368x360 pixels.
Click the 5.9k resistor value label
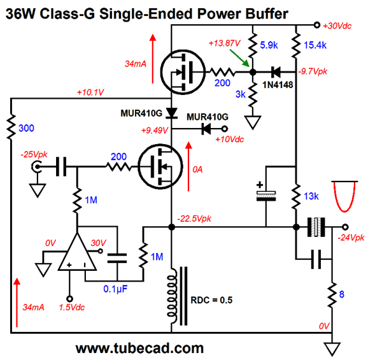click(x=269, y=45)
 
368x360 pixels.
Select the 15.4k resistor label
click(x=315, y=45)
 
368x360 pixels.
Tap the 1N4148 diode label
click(x=278, y=85)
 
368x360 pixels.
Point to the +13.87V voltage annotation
click(x=225, y=43)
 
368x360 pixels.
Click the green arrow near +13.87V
click(x=239, y=58)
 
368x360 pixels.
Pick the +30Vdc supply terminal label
click(x=337, y=25)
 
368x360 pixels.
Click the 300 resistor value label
click(x=26, y=128)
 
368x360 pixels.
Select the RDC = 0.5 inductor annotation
click(x=211, y=300)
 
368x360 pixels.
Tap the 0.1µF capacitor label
click(x=115, y=289)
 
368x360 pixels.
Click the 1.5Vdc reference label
click(x=72, y=307)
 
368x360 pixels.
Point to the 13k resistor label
click(x=311, y=196)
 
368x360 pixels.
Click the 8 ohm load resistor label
click(x=342, y=294)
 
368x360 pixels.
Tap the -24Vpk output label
click(x=351, y=238)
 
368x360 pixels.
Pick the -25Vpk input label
click(x=34, y=155)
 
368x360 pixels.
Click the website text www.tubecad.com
click(x=139, y=349)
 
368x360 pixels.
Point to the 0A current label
click(x=197, y=169)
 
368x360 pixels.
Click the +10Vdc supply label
click(x=230, y=140)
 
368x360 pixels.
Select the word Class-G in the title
click(x=67, y=14)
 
